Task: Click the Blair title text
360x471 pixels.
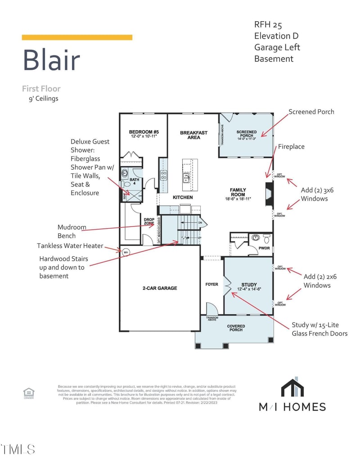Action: pyautogui.click(x=51, y=60)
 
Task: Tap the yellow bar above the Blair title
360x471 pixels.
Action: pyautogui.click(x=77, y=37)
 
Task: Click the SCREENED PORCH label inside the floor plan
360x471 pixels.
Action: pyautogui.click(x=246, y=134)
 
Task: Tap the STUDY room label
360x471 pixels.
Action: pyautogui.click(x=249, y=286)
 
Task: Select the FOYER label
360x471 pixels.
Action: pyautogui.click(x=211, y=285)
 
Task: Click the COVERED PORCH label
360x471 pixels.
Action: pyautogui.click(x=236, y=328)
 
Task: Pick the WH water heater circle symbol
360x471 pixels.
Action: pyautogui.click(x=126, y=251)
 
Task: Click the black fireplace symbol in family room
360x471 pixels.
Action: pyautogui.click(x=269, y=194)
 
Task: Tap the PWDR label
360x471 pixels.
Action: pyautogui.click(x=264, y=248)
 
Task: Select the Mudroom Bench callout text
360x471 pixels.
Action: pyautogui.click(x=72, y=231)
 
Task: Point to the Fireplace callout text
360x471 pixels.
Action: pyautogui.click(x=291, y=147)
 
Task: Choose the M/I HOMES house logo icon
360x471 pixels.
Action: pyautogui.click(x=292, y=388)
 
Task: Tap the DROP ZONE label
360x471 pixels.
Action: pyautogui.click(x=149, y=222)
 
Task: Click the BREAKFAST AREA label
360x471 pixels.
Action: pyautogui.click(x=193, y=135)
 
